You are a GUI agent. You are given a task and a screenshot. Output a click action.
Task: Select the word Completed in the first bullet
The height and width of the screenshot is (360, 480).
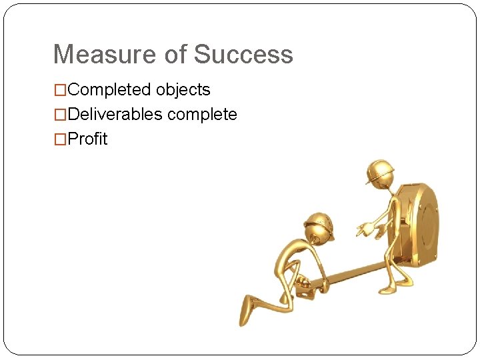click(110, 90)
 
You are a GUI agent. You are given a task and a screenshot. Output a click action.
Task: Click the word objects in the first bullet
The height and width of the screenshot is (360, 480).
click(183, 90)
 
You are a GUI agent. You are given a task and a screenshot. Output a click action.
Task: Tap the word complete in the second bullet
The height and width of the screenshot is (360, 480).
click(202, 115)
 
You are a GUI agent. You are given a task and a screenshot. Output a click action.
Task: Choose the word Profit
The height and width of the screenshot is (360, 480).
click(87, 139)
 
